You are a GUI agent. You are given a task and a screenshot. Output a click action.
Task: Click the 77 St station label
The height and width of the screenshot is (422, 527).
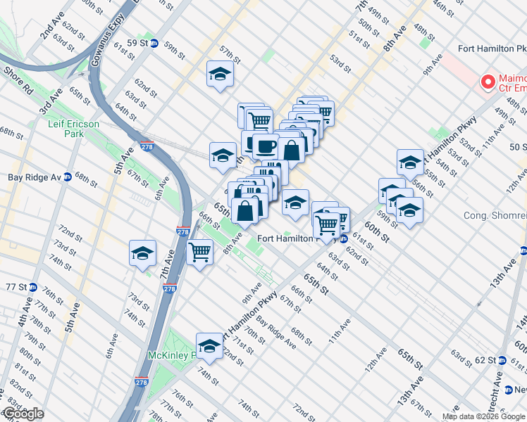20,287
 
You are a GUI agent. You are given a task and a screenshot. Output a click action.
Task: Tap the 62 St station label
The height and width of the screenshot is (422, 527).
485,360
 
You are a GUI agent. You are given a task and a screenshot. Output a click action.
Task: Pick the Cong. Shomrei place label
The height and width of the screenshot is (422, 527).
493,215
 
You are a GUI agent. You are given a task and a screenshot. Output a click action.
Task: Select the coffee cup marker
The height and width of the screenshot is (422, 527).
266,146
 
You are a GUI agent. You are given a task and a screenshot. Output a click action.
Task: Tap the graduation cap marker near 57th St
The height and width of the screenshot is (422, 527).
220,74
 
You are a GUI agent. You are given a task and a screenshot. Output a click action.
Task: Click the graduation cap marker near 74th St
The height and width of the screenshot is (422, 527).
209,345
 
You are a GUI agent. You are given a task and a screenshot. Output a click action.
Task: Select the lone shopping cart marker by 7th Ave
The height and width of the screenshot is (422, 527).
201,251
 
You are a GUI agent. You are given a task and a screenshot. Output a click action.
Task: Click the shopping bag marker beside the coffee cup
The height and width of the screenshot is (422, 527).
291,149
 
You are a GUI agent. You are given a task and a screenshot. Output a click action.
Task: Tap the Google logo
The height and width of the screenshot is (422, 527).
23,414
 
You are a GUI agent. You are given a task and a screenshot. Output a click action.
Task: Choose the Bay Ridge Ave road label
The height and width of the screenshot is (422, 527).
275,331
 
